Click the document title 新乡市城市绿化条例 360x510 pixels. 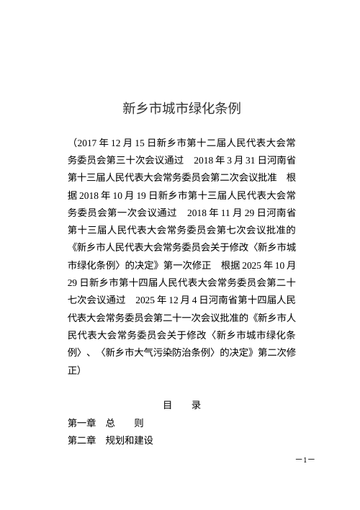[181, 109]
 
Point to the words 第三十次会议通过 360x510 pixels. [136, 159]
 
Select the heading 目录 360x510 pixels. [181, 406]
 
